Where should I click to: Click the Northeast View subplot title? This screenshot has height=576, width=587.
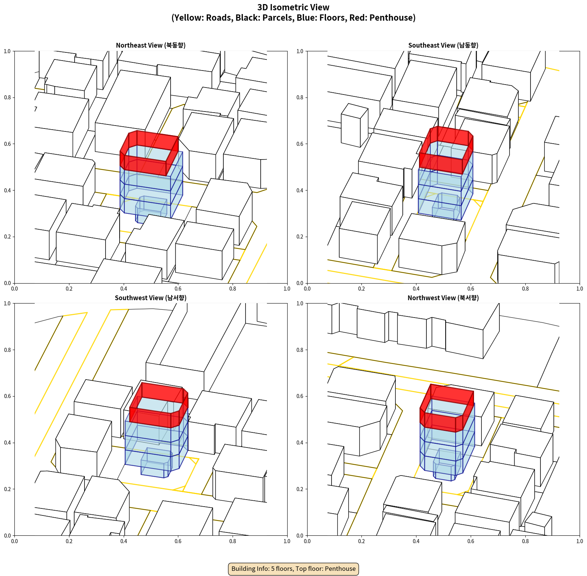tap(151, 45)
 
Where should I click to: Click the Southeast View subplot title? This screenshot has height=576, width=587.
tap(443, 45)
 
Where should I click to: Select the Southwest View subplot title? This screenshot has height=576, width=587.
tap(151, 298)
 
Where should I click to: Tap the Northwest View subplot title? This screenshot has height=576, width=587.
tap(443, 298)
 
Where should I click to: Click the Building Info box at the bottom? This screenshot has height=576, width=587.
tap(293, 569)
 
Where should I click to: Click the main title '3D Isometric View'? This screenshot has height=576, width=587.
tap(293, 7)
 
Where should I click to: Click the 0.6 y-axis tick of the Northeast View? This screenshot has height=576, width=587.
tap(7, 144)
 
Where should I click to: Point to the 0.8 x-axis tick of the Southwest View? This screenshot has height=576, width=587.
tap(233, 541)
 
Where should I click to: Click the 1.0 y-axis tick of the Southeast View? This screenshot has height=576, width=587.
tap(300, 51)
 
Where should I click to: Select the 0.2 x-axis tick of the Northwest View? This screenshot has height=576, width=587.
tap(361, 541)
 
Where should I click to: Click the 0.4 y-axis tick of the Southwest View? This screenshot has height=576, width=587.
tap(7, 443)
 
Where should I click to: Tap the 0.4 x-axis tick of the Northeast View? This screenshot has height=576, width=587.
tap(124, 289)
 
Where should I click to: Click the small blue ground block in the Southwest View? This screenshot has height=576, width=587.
tap(156, 463)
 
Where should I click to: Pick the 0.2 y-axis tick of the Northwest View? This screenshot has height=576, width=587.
tap(300, 489)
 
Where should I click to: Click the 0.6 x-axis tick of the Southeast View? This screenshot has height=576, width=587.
tap(471, 289)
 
